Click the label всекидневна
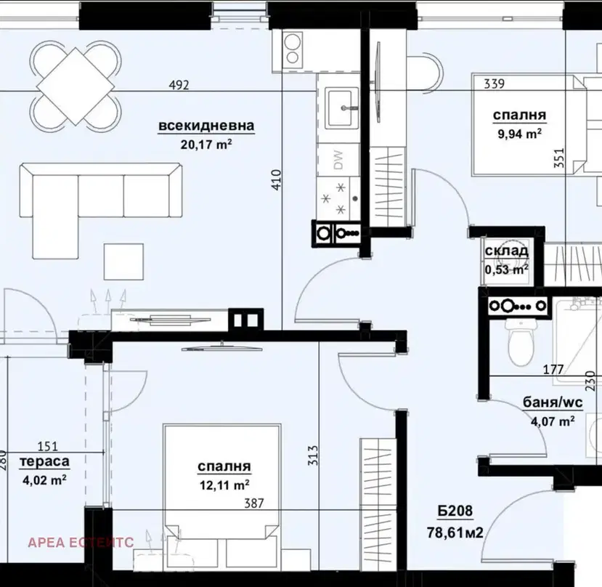tap(206, 126)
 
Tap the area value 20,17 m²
tap(206, 145)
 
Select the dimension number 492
tap(179, 84)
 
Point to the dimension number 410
tap(277, 179)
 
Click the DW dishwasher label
tap(338, 160)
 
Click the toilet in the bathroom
tap(520, 342)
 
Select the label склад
tap(507, 251)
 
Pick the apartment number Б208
tap(455, 511)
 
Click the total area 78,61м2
tap(455, 533)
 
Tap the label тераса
tap(44, 461)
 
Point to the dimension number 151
tap(48, 446)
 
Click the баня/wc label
tap(553, 402)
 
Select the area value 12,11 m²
tap(224, 485)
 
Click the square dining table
tap(76, 86)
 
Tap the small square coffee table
tap(123, 262)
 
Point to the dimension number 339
tap(494, 84)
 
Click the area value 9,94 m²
tap(520, 134)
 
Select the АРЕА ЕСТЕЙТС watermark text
tap(81, 542)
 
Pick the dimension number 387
tap(254, 503)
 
